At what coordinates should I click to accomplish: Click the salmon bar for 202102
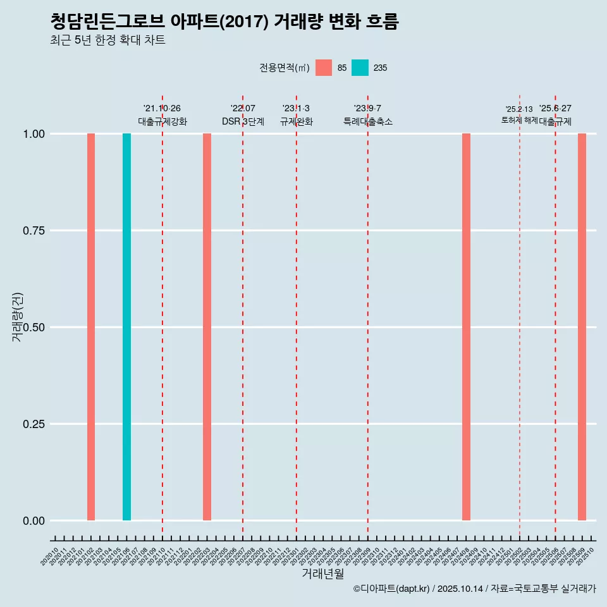pyautogui.click(x=91, y=327)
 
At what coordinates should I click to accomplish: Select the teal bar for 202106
pyautogui.click(x=126, y=327)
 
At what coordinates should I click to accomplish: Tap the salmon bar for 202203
pyautogui.click(x=207, y=327)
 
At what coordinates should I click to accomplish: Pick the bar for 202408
pyautogui.click(x=466, y=327)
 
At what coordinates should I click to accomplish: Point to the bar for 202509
pyautogui.click(x=582, y=327)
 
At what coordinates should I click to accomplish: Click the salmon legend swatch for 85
pyautogui.click(x=324, y=68)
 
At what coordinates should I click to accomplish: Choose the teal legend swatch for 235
pyautogui.click(x=360, y=68)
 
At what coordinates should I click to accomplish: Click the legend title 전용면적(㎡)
pyautogui.click(x=284, y=68)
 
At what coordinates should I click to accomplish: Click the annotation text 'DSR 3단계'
pyautogui.click(x=243, y=121)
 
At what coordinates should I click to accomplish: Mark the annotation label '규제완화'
pyautogui.click(x=296, y=121)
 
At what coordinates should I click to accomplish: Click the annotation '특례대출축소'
pyautogui.click(x=368, y=121)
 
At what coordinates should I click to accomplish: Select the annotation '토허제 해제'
pyautogui.click(x=519, y=120)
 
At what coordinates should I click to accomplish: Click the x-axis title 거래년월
pyautogui.click(x=322, y=573)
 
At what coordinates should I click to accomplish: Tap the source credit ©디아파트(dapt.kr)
pyautogui.click(x=391, y=589)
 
